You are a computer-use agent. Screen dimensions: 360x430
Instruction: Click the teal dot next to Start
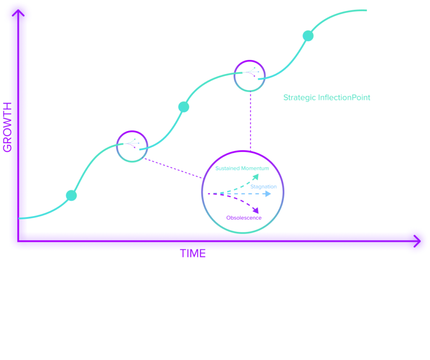point(72,195)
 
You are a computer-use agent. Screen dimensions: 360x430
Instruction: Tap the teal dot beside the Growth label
point(184,107)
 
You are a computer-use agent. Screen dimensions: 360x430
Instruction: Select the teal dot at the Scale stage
point(308,36)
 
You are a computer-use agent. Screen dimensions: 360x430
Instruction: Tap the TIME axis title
point(194,254)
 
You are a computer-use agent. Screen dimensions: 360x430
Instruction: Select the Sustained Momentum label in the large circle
point(242,168)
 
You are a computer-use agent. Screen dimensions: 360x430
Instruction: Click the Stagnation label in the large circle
point(264,186)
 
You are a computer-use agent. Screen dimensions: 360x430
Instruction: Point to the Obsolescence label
point(244,218)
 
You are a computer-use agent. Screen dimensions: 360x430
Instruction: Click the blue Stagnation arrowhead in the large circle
point(268,194)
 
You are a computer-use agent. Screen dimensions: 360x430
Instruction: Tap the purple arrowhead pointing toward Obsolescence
point(256,210)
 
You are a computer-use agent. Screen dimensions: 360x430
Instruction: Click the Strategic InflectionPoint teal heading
point(327,98)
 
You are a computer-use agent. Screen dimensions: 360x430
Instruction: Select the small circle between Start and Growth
point(132,146)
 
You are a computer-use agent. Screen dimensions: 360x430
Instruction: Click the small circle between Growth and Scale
point(250,75)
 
